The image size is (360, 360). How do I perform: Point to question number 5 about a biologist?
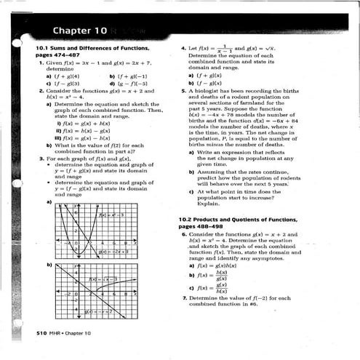tap(183, 92)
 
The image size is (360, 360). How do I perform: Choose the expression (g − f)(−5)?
tap(124, 83)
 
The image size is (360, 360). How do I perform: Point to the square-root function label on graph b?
tap(103, 279)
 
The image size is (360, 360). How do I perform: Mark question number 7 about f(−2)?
tap(183, 298)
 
